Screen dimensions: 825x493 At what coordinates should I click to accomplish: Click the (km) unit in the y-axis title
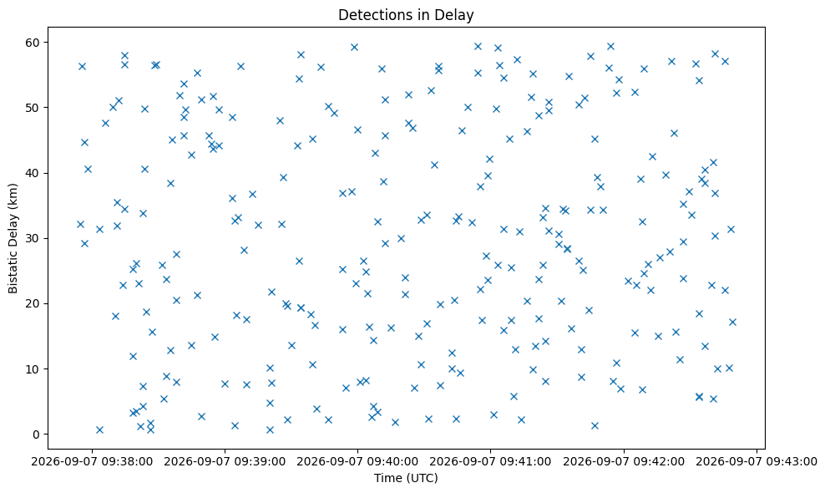13,196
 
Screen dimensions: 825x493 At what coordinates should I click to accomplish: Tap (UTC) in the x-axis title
422,478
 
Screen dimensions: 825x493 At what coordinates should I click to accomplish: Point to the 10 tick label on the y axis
34,369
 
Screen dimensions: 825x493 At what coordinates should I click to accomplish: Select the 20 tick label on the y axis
34,304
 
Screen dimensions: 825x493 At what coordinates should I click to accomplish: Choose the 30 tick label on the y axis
34,239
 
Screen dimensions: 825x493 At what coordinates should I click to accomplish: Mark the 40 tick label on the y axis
34,173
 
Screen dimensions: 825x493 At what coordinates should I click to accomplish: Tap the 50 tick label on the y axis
34,108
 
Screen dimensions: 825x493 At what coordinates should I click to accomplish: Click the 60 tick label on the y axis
34,42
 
